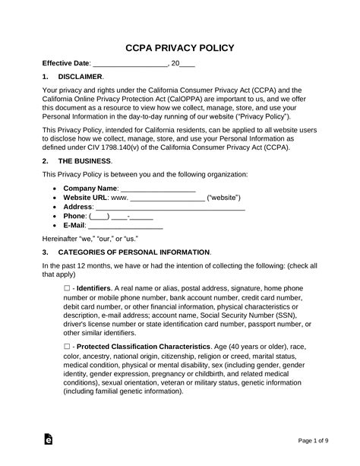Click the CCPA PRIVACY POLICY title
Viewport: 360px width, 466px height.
[179, 47]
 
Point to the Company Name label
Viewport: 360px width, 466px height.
[90, 188]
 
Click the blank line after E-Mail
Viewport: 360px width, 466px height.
[125, 227]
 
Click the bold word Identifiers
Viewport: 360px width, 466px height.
[93, 289]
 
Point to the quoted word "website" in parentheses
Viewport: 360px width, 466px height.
[227, 197]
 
